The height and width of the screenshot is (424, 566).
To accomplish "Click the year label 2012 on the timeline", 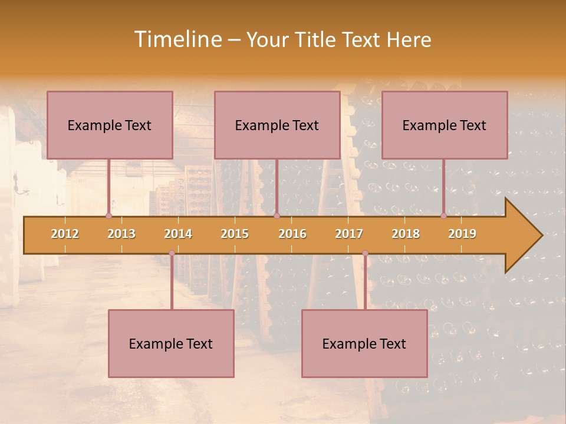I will coord(65,234).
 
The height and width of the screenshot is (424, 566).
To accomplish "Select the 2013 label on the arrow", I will coord(121,234).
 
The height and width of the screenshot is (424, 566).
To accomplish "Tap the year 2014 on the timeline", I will coord(178,234).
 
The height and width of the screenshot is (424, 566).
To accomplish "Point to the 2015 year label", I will coord(235,234).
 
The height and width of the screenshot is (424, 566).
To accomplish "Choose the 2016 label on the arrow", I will coord(292,234).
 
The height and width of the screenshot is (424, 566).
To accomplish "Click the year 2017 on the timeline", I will coord(349,234).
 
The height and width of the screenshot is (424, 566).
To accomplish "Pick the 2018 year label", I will coord(406,234).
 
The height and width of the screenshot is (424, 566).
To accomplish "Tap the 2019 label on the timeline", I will coord(462,234).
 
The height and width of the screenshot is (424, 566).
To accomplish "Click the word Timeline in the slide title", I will coord(176,39).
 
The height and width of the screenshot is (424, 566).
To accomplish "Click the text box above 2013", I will coord(110,125).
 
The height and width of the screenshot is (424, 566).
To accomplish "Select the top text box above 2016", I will coord(277,125).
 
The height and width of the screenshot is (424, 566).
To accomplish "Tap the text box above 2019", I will coord(445,125).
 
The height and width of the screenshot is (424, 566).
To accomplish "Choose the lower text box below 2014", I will coord(171,343).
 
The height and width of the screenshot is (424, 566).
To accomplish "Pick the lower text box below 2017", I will coord(364,343).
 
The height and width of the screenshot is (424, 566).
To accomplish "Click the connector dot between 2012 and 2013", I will coord(108,216).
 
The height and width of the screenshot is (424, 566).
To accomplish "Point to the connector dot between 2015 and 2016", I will coord(277,216).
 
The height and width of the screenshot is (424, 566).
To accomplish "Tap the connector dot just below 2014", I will coord(172,253).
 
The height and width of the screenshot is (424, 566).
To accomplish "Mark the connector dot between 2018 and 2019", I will coord(443,216).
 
